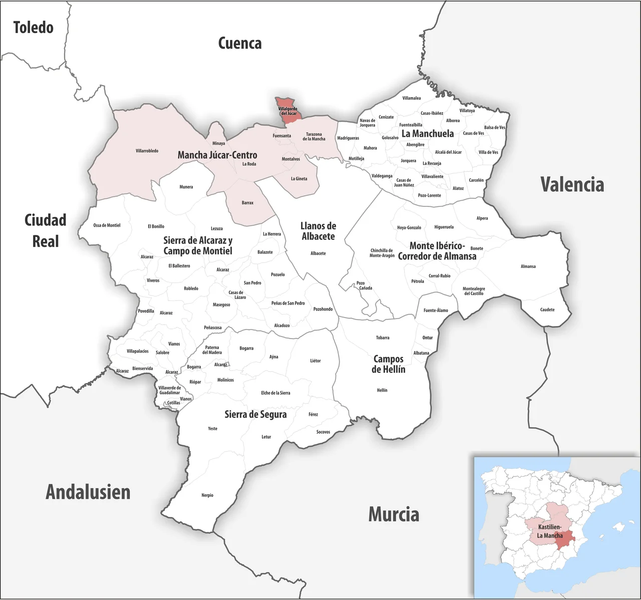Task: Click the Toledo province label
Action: pyautogui.click(x=33, y=28)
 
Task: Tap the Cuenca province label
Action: pyautogui.click(x=240, y=44)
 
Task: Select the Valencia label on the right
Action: pyautogui.click(x=572, y=185)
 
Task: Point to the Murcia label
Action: pyautogui.click(x=394, y=514)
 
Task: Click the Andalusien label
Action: pyautogui.click(x=88, y=492)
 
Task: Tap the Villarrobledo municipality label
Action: pyautogui.click(x=147, y=151)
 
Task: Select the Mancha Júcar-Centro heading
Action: pyautogui.click(x=217, y=155)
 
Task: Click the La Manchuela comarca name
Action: pyautogui.click(x=428, y=134)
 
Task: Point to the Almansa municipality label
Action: pyautogui.click(x=528, y=266)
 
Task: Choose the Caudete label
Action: pyautogui.click(x=547, y=310)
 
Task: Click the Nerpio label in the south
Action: pyautogui.click(x=207, y=495)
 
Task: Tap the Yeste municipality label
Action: pyautogui.click(x=213, y=429)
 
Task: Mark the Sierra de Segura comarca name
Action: pyautogui.click(x=255, y=415)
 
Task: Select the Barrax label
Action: pyautogui.click(x=247, y=203)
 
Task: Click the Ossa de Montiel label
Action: pyautogui.click(x=107, y=225)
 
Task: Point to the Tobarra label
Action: pyautogui.click(x=383, y=338)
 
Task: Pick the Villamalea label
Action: pyautogui.click(x=412, y=98)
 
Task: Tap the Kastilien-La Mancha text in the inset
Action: pyautogui.click(x=549, y=531)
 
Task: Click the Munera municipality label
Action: pyautogui.click(x=186, y=187)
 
